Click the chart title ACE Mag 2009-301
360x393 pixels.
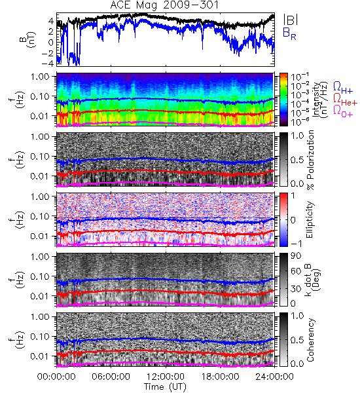pyautogui.click(x=164, y=5)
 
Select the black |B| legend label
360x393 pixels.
pyautogui.click(x=291, y=19)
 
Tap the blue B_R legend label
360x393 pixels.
pyautogui.click(x=289, y=33)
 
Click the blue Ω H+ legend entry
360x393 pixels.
pyautogui.click(x=343, y=88)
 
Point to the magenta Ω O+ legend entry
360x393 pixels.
pyautogui.click(x=343, y=111)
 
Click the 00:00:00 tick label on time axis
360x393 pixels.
pyautogui.click(x=56, y=377)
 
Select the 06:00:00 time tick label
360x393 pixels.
pyautogui.click(x=111, y=377)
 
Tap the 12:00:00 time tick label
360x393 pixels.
pyautogui.click(x=166, y=377)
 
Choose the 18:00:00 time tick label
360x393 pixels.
pyautogui.click(x=220, y=377)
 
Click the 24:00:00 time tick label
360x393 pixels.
pyautogui.click(x=274, y=377)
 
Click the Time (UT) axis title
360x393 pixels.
pyautogui.click(x=165, y=387)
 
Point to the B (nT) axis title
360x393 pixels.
pyautogui.click(x=28, y=39)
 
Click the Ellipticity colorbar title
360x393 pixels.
pyautogui.click(x=310, y=220)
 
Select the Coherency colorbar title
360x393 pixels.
pyautogui.click(x=310, y=340)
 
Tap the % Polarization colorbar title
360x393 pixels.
pyautogui.click(x=310, y=160)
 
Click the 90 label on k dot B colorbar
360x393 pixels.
pyautogui.click(x=296, y=256)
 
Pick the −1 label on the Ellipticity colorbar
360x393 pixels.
pyautogui.click(x=296, y=244)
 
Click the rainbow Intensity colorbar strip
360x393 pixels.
pyautogui.click(x=283, y=100)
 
